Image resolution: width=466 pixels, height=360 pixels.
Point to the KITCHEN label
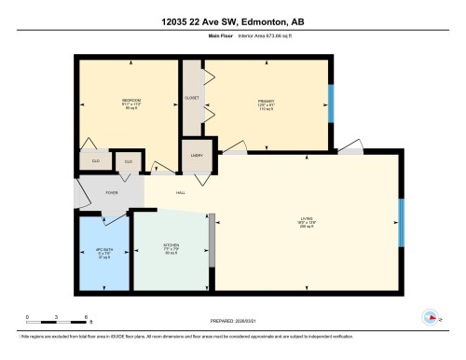point(171,247)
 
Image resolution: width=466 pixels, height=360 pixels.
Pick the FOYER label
point(111,194)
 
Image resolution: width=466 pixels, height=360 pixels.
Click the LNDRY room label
point(198,155)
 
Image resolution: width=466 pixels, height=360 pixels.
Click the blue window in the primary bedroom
point(330,103)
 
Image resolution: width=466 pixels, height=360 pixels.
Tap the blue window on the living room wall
point(400,223)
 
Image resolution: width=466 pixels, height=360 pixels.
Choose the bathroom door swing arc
point(114,222)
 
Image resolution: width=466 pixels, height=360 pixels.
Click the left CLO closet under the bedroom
point(95,161)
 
